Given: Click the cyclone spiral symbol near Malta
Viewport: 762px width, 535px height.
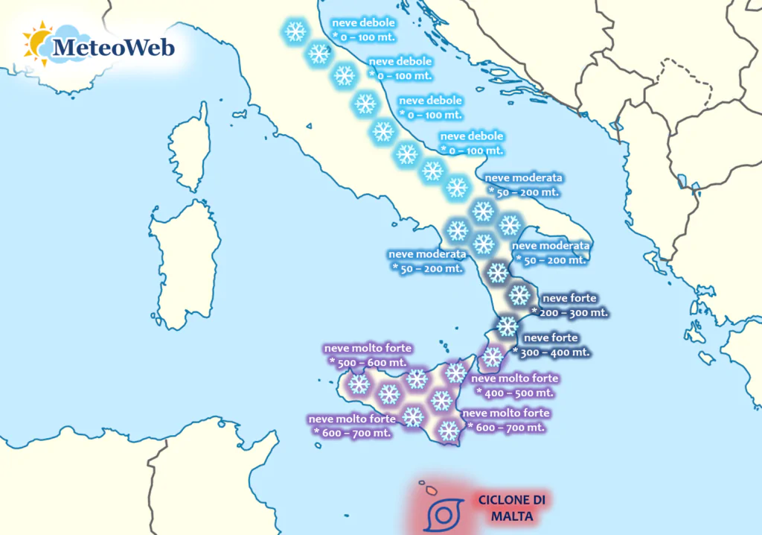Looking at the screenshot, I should (x=444, y=514).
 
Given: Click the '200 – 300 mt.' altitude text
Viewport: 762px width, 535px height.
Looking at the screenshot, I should (x=571, y=312).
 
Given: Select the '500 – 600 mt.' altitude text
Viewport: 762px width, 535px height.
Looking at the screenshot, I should (x=368, y=361).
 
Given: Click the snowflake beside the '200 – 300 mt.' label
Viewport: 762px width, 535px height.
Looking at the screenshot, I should (x=519, y=293).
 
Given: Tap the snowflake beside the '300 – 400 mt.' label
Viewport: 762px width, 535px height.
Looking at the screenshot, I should (x=507, y=326).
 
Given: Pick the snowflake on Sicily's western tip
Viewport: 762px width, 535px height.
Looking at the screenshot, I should (x=359, y=384).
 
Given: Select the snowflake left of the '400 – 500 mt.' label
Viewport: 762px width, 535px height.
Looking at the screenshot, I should (x=455, y=373).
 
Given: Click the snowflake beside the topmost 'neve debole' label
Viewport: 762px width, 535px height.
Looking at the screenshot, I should (x=296, y=31).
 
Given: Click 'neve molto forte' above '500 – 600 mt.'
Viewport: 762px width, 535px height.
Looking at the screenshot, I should (x=368, y=348).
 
